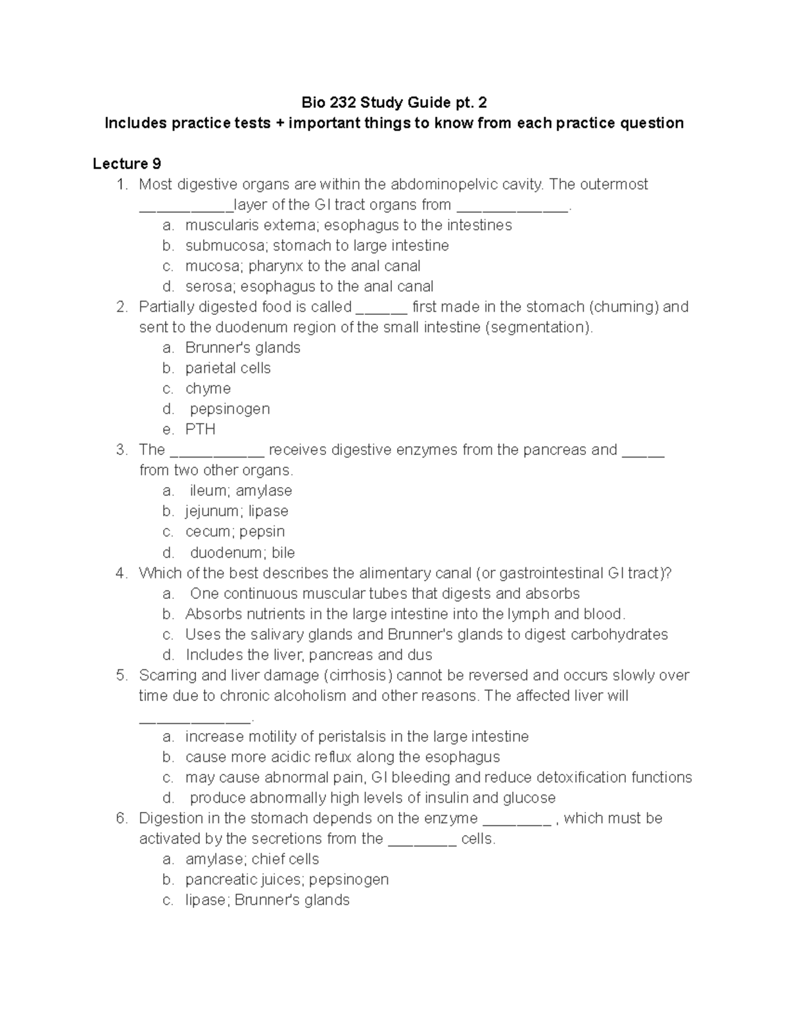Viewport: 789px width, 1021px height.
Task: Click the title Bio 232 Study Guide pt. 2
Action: [394, 103]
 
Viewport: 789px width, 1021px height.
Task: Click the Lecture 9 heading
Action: [127, 164]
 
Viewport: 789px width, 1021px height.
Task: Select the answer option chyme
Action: [208, 389]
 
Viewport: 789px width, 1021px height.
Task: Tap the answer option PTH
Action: [200, 429]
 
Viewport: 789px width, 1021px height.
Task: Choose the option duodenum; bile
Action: [242, 552]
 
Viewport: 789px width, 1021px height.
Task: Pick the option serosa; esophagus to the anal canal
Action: [309, 287]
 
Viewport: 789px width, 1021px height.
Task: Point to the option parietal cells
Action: [227, 368]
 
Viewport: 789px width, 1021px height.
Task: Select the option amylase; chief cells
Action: [252, 859]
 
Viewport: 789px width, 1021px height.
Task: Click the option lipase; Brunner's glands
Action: [267, 900]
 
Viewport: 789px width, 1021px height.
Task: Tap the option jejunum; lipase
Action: [237, 511]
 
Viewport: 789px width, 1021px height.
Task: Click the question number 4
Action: [120, 573]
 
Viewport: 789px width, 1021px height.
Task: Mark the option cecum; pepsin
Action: [235, 532]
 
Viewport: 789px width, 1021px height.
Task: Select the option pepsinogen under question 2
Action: [229, 409]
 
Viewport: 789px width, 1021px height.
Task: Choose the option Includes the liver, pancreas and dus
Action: [308, 655]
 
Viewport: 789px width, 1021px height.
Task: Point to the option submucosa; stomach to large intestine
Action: [317, 246]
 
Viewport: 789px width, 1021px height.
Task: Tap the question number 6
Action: [120, 819]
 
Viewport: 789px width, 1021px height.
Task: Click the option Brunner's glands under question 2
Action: [243, 348]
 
